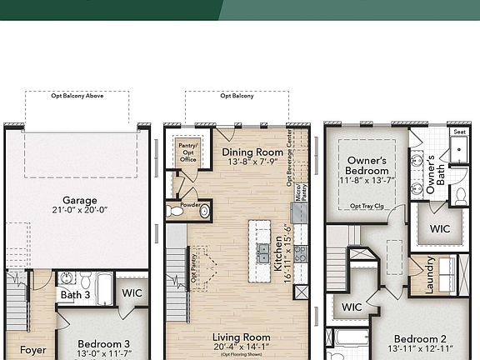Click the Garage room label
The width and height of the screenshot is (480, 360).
tap(80, 200)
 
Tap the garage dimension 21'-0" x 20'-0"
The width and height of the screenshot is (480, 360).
tap(80, 212)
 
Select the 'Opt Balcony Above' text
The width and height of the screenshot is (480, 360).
tap(77, 96)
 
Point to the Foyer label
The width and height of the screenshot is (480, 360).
tap(33, 350)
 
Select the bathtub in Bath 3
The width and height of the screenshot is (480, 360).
tap(104, 287)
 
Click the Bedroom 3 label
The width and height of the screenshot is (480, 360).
tap(104, 343)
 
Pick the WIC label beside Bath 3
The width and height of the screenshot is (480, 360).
tap(132, 293)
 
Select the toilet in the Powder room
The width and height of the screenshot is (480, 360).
tap(176, 212)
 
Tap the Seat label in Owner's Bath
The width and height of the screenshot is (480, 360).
tap(459, 132)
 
